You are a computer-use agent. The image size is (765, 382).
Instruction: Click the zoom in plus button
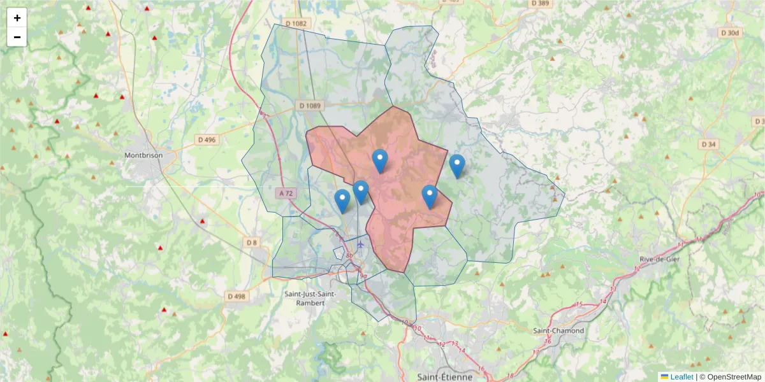tap(17, 18)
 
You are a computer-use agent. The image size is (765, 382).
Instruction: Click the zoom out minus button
tap(17, 37)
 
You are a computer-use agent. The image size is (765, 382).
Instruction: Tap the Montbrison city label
tap(143, 155)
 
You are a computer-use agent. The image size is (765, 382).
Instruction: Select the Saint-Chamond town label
tap(558, 330)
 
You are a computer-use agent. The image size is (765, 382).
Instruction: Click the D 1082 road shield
tap(296, 24)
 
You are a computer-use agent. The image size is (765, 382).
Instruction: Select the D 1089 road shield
tap(310, 106)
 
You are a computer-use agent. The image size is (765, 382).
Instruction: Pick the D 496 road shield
tap(207, 139)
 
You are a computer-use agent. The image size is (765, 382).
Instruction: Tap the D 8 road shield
tap(251, 242)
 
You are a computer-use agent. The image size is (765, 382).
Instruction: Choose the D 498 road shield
tap(236, 296)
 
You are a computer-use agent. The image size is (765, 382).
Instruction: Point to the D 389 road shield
tap(539, 4)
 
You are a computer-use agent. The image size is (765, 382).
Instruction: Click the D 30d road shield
tap(731, 32)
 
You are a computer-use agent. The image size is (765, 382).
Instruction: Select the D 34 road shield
tap(709, 145)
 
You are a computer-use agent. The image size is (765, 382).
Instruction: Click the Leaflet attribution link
tap(681, 377)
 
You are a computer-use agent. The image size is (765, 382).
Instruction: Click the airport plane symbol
tap(361, 244)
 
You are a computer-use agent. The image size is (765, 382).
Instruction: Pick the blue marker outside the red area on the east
tap(457, 166)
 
